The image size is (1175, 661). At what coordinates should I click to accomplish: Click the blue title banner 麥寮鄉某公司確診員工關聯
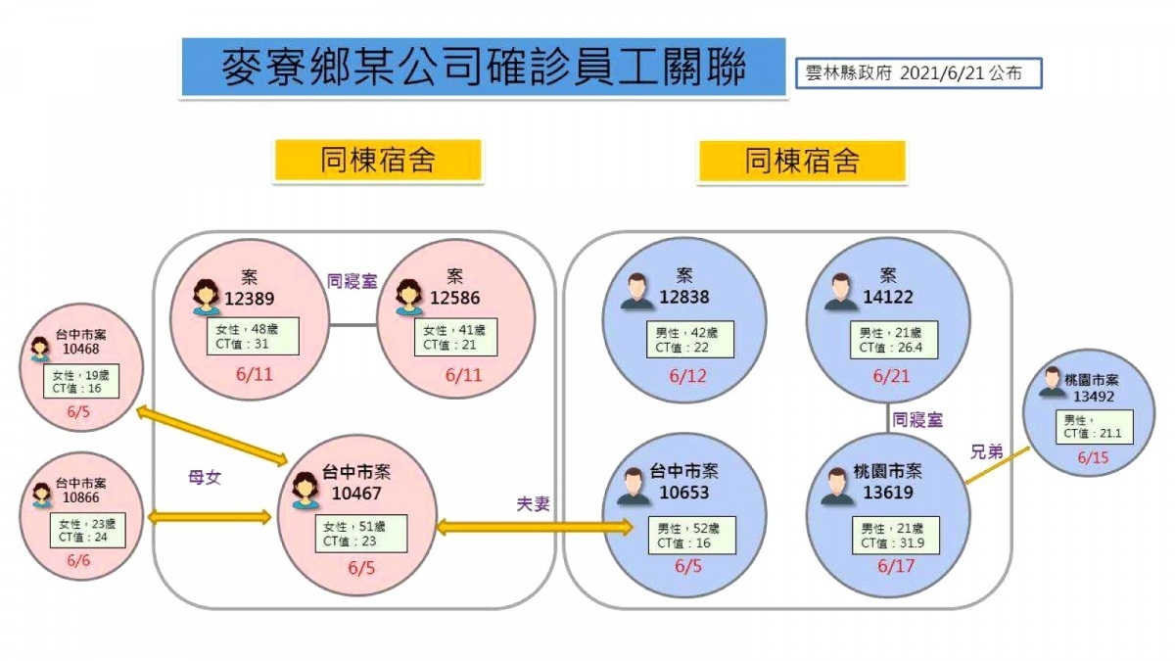[x=484, y=68]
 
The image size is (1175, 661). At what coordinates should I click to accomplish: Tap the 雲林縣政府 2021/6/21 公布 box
[x=918, y=72]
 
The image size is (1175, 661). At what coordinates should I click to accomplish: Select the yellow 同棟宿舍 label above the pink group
[x=378, y=161]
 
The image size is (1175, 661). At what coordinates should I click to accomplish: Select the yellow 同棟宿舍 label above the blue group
[x=802, y=161]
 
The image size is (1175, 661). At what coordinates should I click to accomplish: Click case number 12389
[x=249, y=299]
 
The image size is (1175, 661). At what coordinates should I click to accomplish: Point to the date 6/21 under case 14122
[x=891, y=376]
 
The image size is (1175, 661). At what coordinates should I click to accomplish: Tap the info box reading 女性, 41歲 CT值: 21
[x=455, y=337]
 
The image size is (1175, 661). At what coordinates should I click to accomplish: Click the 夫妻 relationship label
[x=533, y=504]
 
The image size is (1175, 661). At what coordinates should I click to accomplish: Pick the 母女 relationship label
[x=205, y=478]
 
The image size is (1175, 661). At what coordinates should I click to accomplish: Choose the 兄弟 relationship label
[x=987, y=451]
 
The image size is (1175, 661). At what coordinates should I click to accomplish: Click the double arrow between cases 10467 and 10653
[x=535, y=527]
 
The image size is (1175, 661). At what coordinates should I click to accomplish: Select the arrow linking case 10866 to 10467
[x=210, y=518]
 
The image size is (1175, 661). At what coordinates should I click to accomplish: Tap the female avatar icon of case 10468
[x=40, y=349]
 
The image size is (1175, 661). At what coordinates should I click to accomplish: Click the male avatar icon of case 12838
[x=636, y=291]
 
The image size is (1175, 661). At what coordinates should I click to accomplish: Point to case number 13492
[x=1093, y=396]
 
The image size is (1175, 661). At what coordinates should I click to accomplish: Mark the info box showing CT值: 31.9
[x=896, y=536]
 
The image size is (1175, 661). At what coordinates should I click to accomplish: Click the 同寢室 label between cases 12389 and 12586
[x=352, y=281]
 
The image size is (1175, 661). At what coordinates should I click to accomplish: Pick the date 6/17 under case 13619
[x=896, y=566]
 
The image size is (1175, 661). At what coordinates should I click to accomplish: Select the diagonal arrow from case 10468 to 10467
[x=211, y=436]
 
